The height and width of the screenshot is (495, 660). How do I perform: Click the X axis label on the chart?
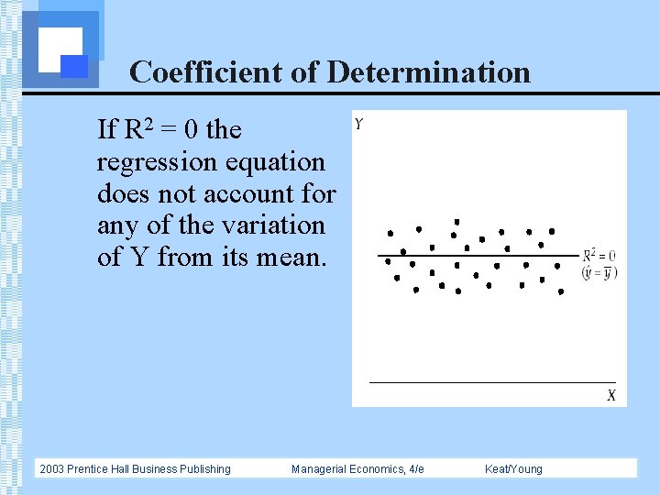click(x=611, y=395)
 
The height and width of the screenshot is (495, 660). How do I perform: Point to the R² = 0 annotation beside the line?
click(x=599, y=256)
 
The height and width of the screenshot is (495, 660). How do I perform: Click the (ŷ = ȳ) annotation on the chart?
click(x=599, y=272)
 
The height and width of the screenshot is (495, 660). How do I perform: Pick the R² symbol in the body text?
click(x=132, y=130)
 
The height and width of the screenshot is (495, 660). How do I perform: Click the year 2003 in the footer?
click(x=52, y=469)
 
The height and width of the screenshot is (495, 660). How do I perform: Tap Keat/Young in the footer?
click(x=513, y=469)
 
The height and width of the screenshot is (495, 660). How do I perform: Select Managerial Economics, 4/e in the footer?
click(x=357, y=469)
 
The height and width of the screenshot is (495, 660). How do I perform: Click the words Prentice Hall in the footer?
click(x=102, y=469)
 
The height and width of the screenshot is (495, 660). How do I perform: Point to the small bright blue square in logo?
click(x=74, y=66)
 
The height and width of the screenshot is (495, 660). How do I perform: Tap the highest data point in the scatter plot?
click(x=456, y=222)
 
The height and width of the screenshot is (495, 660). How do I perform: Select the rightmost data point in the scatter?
click(x=561, y=293)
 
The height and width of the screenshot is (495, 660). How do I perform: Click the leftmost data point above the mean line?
click(x=390, y=234)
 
